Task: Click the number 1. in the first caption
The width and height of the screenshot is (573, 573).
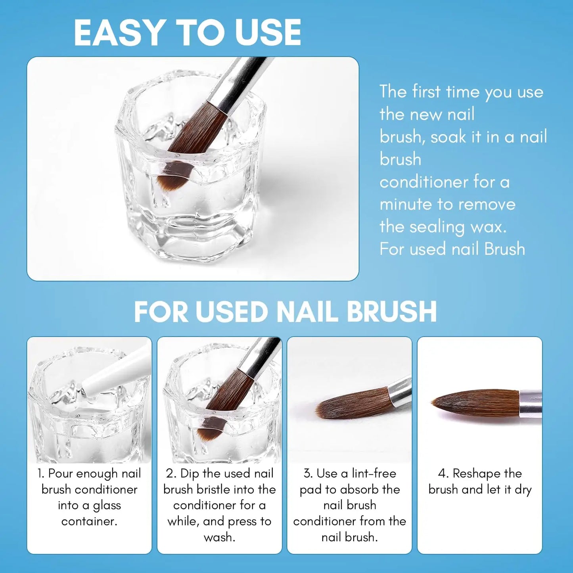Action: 41,473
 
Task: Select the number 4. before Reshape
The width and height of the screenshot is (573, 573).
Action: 443,473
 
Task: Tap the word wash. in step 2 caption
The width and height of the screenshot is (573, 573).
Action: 219,537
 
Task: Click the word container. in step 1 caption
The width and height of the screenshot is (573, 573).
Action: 89,521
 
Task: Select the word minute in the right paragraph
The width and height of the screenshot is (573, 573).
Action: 406,205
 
